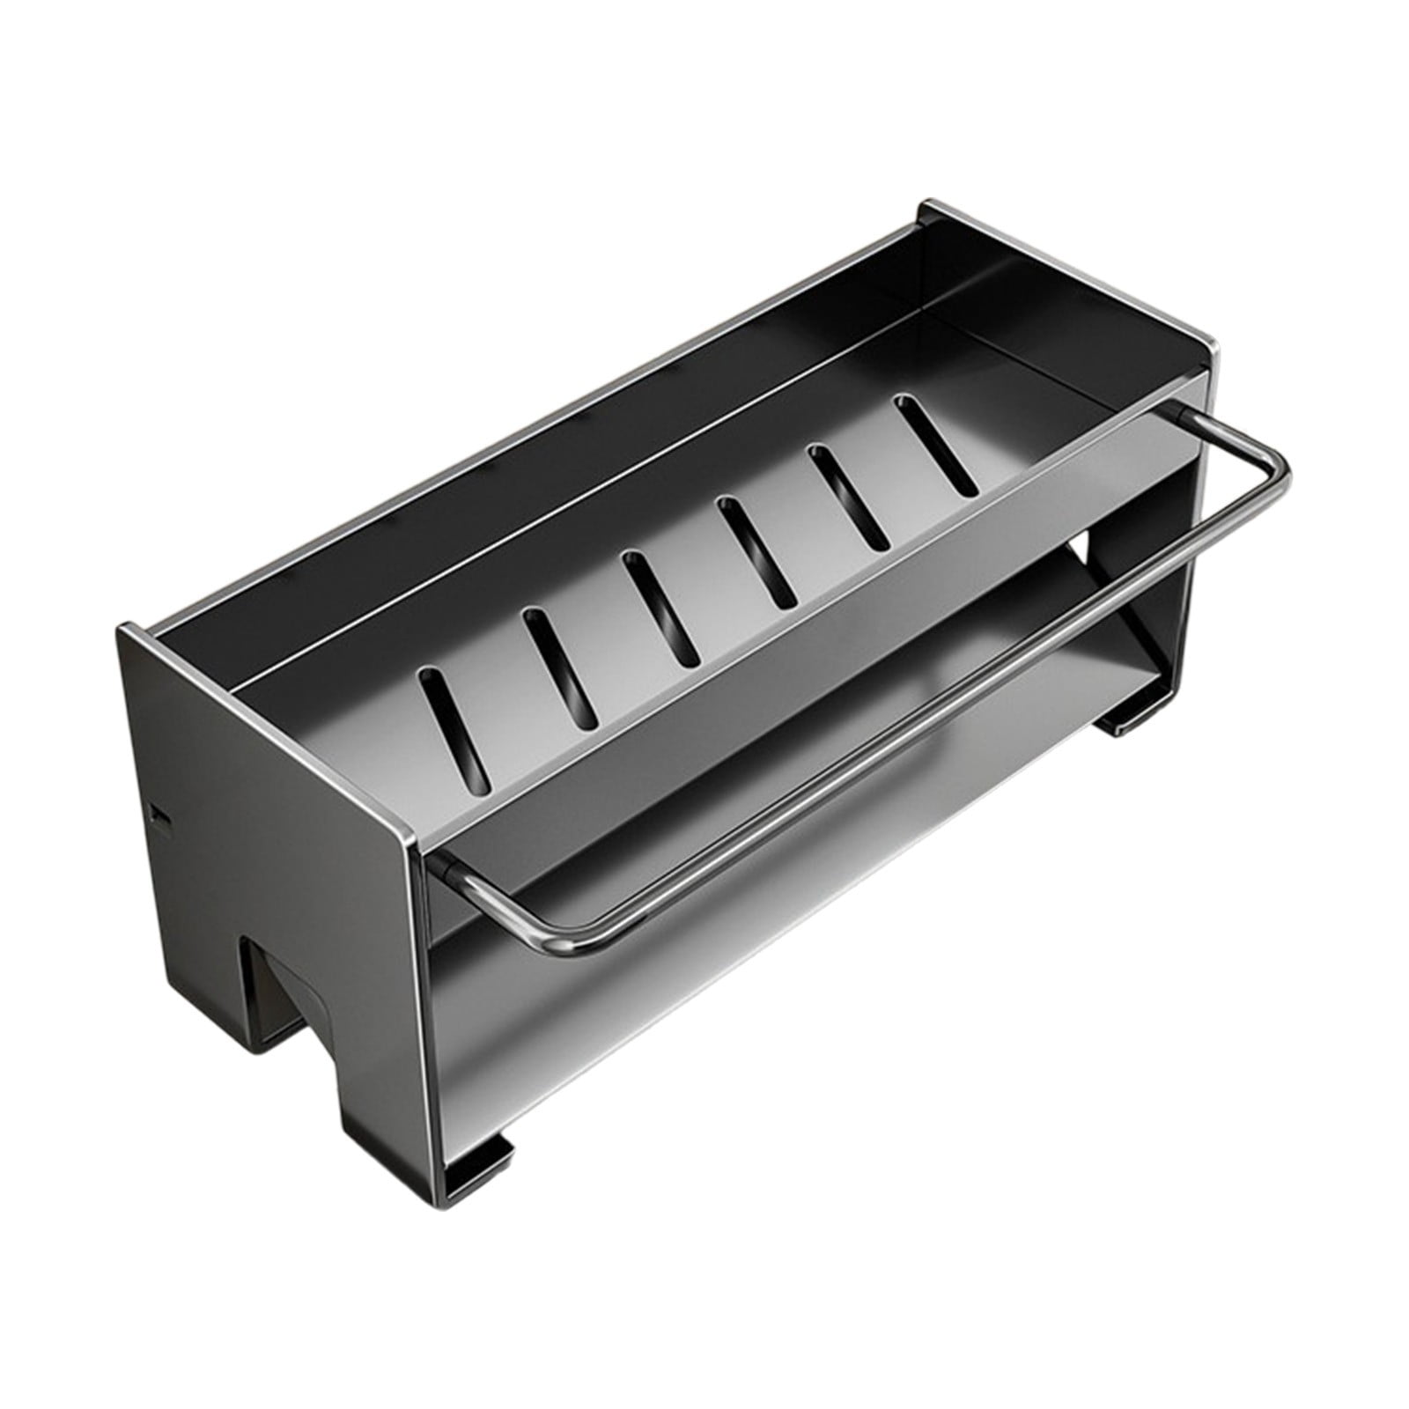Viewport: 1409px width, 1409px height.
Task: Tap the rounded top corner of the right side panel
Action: pyautogui.click(x=1211, y=349)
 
